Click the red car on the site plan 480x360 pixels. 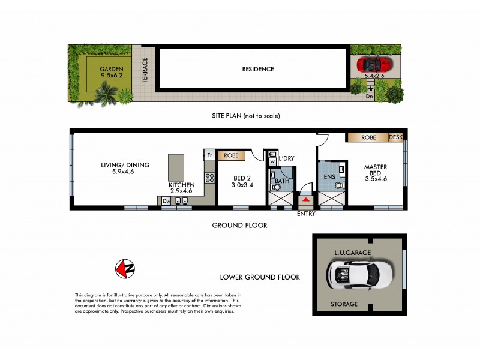(373, 64)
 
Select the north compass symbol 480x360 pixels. (125, 269)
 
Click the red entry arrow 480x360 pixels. (306, 199)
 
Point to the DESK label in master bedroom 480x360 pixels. (396, 137)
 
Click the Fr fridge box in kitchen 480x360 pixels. (209, 155)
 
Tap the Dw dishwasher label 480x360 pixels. (166, 201)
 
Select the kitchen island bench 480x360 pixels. (176, 167)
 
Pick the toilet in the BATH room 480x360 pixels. (276, 187)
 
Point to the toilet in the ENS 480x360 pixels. (340, 185)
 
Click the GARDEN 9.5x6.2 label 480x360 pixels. (111, 72)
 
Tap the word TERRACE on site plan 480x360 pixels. (145, 70)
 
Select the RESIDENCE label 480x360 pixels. (258, 69)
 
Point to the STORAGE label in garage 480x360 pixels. (344, 304)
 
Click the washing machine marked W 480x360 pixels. (272, 161)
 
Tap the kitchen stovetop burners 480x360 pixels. (210, 178)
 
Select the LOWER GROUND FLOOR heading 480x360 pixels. (260, 277)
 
